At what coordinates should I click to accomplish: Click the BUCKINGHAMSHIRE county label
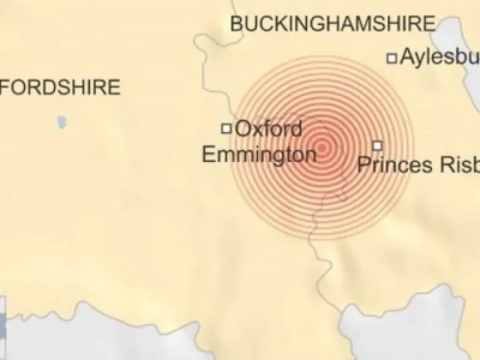(332, 25)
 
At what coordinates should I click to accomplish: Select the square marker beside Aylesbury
(393, 58)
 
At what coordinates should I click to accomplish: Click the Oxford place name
(269, 128)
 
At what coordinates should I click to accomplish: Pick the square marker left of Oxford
(227, 128)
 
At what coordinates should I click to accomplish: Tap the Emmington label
(259, 155)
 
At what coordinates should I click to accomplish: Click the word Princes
(395, 164)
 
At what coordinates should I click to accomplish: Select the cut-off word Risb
(459, 164)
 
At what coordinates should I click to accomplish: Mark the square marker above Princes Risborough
(377, 145)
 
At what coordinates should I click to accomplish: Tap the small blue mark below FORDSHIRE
(62, 123)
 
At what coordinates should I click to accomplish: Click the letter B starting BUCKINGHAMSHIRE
(237, 25)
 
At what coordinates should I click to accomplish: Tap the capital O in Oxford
(243, 128)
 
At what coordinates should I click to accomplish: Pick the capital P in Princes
(364, 164)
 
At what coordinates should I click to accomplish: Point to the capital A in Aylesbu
(407, 57)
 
